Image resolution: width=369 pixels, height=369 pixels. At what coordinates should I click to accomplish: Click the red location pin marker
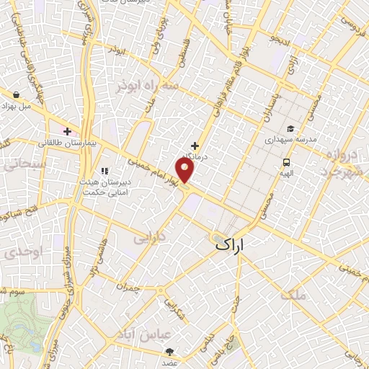(x=185, y=171)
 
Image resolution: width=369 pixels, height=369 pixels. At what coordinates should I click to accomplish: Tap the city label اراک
(x=230, y=246)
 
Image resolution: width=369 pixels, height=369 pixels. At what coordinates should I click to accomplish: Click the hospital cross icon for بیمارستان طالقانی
(x=68, y=131)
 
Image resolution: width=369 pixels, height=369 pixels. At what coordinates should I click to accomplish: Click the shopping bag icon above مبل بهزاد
(x=15, y=94)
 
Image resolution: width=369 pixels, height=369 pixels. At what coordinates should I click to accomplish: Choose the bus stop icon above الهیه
(x=287, y=162)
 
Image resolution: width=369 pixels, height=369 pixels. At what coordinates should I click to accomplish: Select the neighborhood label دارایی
(x=151, y=236)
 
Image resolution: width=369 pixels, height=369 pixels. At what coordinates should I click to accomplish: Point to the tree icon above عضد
(x=171, y=351)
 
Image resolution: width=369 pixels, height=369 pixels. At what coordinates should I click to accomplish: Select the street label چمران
(x=127, y=285)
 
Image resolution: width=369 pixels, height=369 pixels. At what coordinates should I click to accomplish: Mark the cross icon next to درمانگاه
(x=195, y=145)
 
